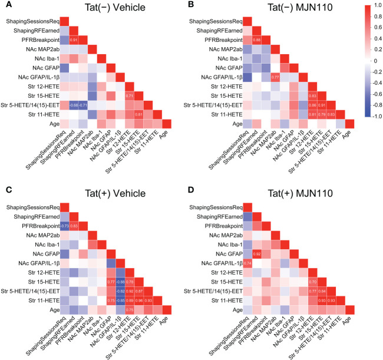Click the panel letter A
tap(5, 5)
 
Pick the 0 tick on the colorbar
tap(366, 61)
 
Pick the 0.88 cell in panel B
tap(257, 40)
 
